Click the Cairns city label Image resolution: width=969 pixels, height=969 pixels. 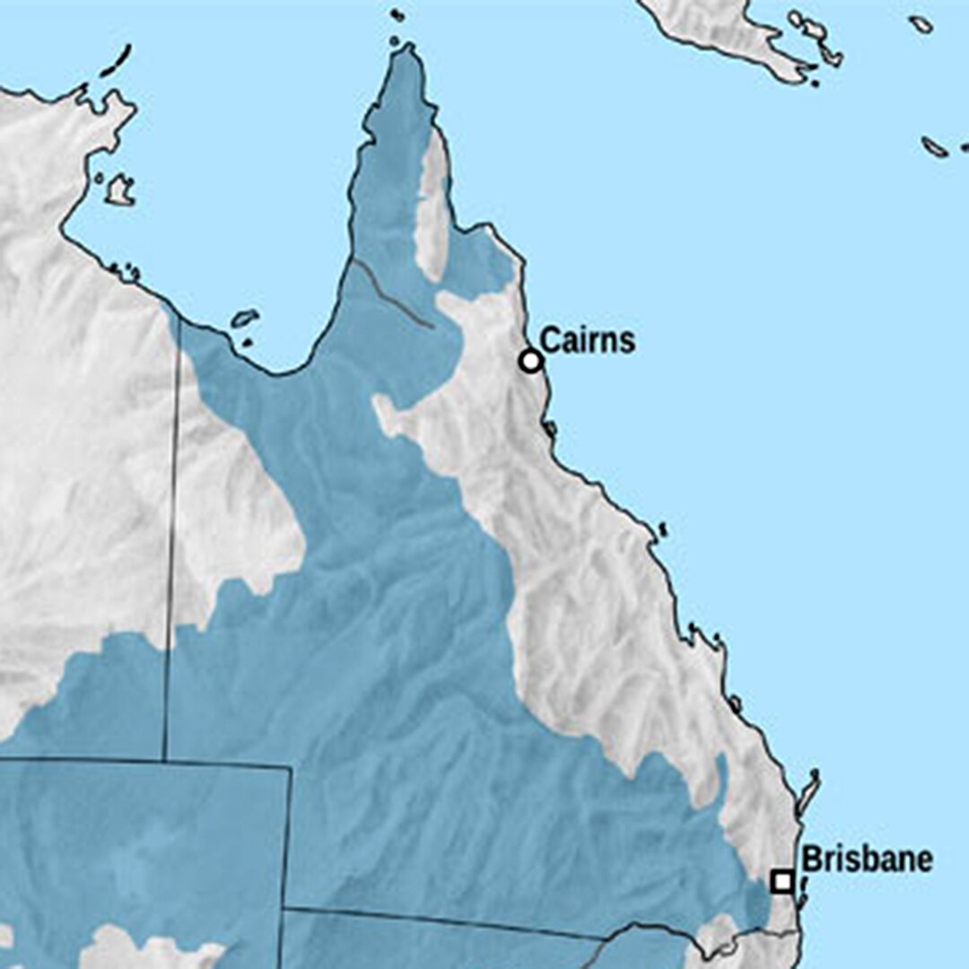point(588,341)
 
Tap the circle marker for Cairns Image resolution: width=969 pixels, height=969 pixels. point(531,361)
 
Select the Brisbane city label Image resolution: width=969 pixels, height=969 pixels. point(867,860)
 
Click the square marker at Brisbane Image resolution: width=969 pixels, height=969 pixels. point(782,881)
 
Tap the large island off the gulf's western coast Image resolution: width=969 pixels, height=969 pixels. point(119,189)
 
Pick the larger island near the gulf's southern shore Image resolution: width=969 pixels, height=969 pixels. point(244,319)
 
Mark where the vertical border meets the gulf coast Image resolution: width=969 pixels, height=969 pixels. point(179,319)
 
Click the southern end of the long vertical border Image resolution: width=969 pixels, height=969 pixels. point(164,758)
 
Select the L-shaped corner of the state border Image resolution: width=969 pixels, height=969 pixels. point(289,768)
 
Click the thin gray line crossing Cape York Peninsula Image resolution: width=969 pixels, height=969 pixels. point(395,296)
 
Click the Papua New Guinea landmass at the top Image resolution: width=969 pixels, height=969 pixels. point(736,27)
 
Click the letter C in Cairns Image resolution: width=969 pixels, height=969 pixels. point(550,341)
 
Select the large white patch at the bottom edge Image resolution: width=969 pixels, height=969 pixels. point(153,951)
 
